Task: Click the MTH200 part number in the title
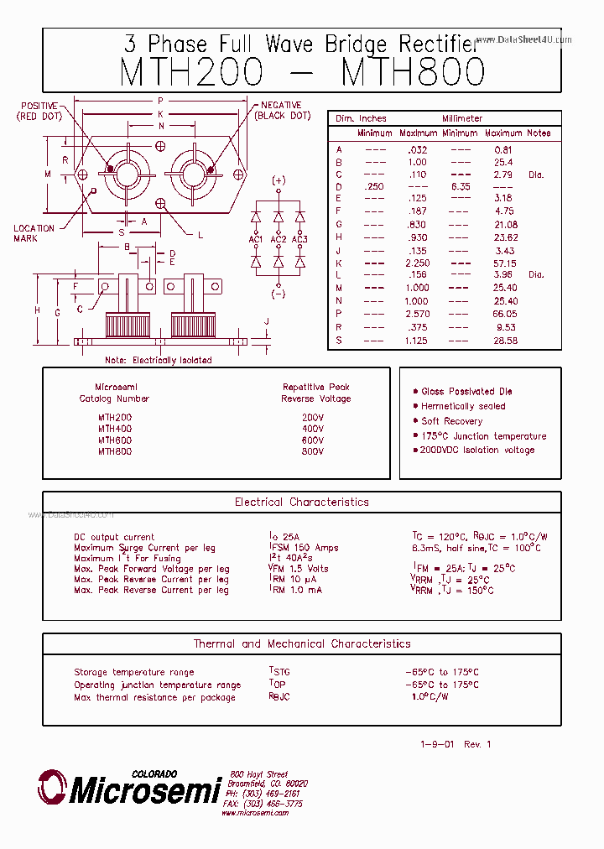click(192, 72)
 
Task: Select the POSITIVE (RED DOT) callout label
click(39, 111)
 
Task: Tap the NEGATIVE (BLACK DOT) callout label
click(282, 110)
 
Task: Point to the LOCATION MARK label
click(34, 233)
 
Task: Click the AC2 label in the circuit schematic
click(279, 239)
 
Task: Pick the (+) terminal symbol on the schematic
click(279, 180)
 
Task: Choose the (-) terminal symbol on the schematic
click(279, 294)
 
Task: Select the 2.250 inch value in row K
click(415, 263)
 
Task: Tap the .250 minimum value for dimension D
click(374, 186)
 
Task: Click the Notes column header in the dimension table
click(538, 133)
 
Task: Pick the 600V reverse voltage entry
click(312, 440)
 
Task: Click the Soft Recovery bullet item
click(451, 421)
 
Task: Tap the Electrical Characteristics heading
click(301, 503)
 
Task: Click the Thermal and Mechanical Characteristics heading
click(301, 644)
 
